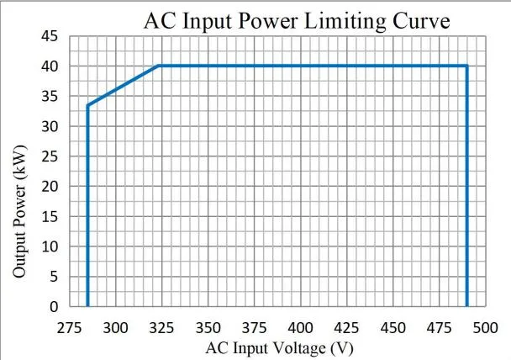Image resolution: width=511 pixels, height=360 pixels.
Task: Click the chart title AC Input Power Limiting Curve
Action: [297, 20]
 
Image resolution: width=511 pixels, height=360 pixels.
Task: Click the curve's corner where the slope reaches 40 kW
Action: [159, 66]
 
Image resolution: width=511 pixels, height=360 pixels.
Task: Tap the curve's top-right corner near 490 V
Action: [466, 66]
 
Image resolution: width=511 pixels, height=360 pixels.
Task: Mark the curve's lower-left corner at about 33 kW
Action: [87, 105]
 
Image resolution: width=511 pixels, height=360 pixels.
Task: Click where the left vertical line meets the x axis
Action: [87, 306]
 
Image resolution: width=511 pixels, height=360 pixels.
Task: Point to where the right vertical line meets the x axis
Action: [466, 306]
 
